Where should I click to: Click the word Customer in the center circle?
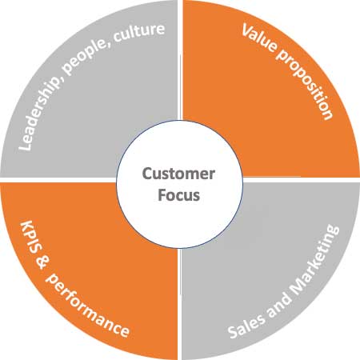(x=179, y=172)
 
